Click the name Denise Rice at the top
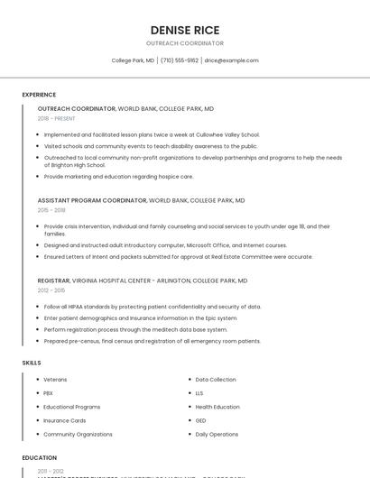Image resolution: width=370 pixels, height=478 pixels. tap(185, 30)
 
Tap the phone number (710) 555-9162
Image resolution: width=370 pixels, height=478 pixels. tap(180, 60)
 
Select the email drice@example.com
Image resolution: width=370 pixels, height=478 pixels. tap(231, 60)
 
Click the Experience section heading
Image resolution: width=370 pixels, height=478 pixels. tap(39, 95)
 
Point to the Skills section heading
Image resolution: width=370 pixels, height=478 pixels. tap(32, 362)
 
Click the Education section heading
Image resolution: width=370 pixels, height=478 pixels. tap(40, 457)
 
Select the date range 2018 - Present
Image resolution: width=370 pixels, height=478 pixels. tap(57, 118)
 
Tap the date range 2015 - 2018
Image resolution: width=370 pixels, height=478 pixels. tap(51, 210)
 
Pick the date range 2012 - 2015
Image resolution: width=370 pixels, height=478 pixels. tap(51, 290)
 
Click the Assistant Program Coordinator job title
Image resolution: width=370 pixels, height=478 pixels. tap(92, 200)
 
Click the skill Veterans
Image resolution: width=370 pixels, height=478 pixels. tap(55, 380)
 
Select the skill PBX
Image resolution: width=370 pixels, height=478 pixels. tap(48, 393)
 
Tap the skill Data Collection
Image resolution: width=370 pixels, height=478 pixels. tap(216, 380)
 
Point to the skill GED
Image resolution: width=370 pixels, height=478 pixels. tap(201, 420)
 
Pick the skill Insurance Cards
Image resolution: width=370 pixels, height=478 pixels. tap(65, 420)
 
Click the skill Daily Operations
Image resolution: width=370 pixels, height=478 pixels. tap(217, 434)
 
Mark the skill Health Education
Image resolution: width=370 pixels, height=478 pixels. tap(217, 407)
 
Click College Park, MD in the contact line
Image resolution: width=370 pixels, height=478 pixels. tap(133, 60)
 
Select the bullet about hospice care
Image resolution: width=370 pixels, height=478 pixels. tap(118, 177)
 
